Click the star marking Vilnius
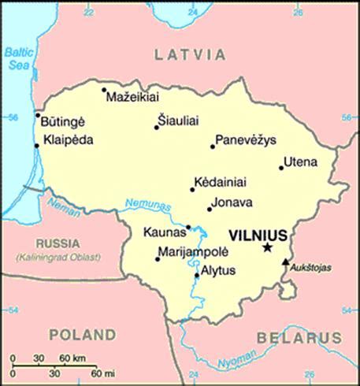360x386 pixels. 268,248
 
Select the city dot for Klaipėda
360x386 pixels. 36,146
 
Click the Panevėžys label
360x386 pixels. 245,139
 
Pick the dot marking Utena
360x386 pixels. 281,167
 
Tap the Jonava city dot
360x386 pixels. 210,209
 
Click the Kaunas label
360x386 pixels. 165,232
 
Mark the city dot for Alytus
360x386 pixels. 197,276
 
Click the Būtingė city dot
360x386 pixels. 37,115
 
